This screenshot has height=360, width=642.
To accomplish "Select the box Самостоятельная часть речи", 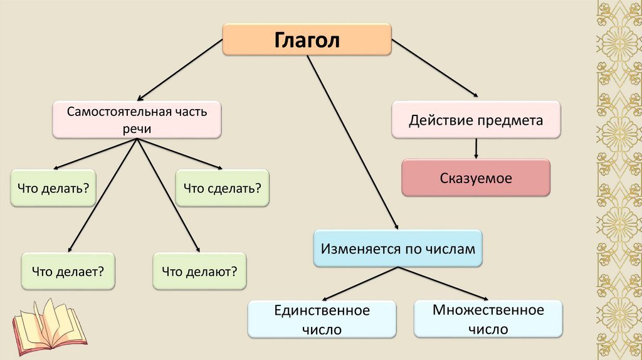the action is point(137,120).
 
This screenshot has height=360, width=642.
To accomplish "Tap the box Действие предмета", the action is point(476,120).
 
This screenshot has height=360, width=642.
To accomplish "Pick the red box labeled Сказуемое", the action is point(476,178).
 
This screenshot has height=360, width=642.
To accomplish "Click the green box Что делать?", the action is point(53,188).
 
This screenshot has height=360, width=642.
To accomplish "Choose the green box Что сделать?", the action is point(222,188).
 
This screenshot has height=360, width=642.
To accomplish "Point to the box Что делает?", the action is point(68,271).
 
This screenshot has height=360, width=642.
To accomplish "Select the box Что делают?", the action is point(199,271).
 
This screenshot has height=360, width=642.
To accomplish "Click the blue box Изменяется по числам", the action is point(398,249).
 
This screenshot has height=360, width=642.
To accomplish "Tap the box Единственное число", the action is point(322,319).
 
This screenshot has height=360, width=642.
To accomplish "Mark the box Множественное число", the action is point(488,319).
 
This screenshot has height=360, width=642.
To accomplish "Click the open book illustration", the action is point(49,326).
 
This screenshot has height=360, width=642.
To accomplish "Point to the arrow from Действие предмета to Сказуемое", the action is point(476,148).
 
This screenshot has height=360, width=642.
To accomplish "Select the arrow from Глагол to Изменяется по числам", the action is point(353,144).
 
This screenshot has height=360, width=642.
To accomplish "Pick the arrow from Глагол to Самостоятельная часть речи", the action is point(180,69).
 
